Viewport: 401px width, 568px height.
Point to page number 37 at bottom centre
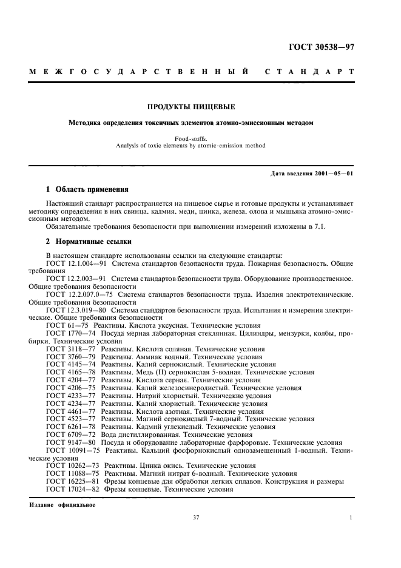[x=196, y=518]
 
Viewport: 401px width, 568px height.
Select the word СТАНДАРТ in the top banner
[x=309, y=72]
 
